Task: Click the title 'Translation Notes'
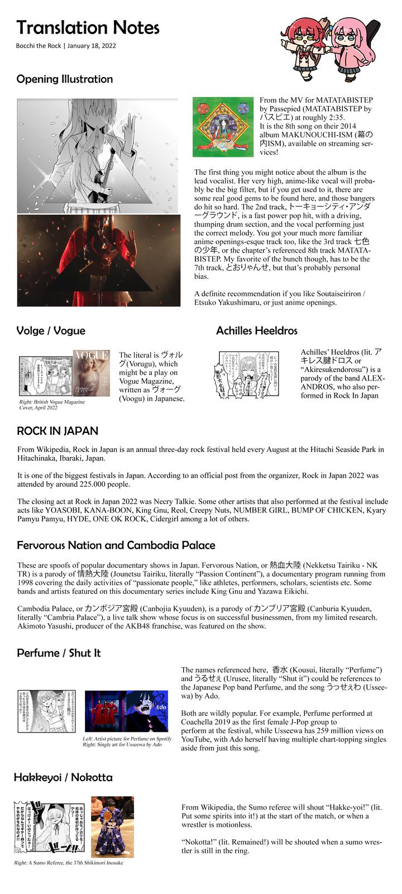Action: click(x=88, y=27)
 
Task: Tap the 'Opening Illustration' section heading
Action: click(x=65, y=79)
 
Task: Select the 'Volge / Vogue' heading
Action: click(x=51, y=330)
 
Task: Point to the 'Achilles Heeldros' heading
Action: click(x=257, y=330)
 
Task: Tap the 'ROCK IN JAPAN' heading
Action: click(x=58, y=431)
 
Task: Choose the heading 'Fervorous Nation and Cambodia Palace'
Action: click(x=116, y=545)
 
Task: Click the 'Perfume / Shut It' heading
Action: click(x=59, y=653)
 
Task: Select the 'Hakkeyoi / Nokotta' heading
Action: click(x=63, y=777)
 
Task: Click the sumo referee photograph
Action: click(x=112, y=827)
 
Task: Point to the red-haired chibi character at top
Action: click(x=303, y=45)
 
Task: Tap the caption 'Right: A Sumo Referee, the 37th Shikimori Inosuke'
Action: click(x=69, y=863)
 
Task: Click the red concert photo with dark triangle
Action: click(x=99, y=260)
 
